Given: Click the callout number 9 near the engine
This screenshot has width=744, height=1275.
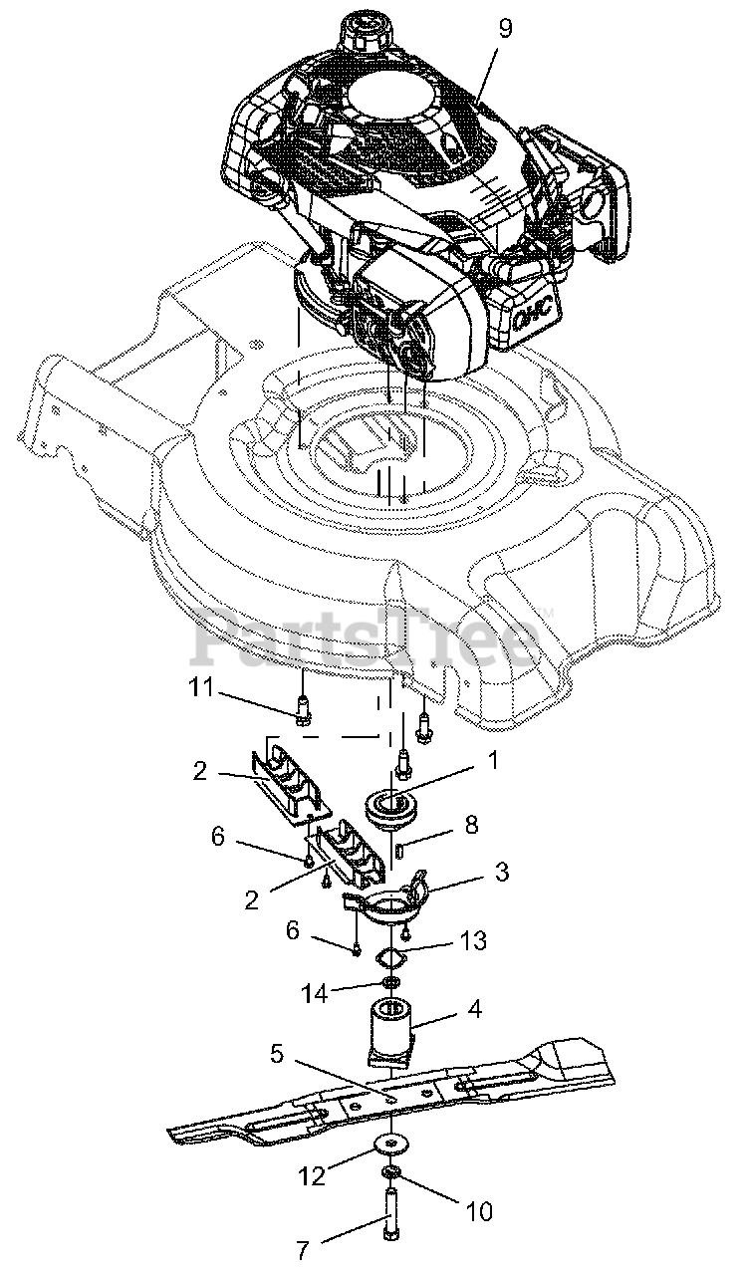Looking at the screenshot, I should point(505,28).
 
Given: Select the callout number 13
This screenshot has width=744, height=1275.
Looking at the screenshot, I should point(473,940).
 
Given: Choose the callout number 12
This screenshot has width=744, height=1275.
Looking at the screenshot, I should point(311,1176).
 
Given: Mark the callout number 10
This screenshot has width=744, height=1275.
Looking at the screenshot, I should point(477,1211).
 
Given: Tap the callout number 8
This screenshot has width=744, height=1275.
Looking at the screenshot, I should point(471,824).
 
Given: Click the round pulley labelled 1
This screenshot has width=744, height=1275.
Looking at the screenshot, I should point(396,805).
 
